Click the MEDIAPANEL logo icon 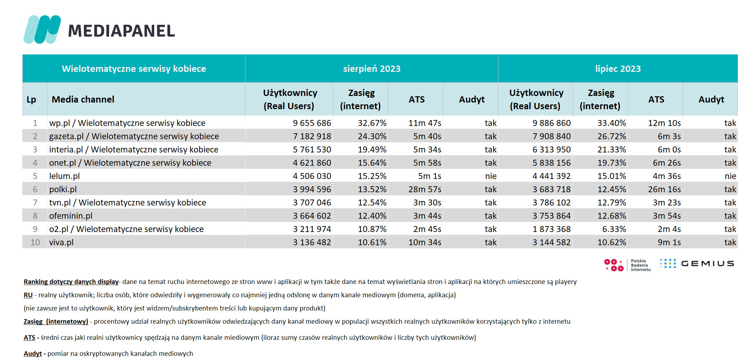tap(42, 30)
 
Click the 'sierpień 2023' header tap(372, 69)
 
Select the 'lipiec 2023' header tap(618, 69)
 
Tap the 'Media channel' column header tap(83, 99)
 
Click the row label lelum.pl tap(65, 176)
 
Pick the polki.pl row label tap(63, 189)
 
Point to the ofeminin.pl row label tap(71, 216)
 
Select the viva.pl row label tap(61, 242)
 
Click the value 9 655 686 tap(312, 123)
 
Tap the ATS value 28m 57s tap(425, 189)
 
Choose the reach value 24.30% tap(372, 136)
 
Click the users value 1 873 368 tap(551, 229)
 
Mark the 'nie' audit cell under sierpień tap(491, 176)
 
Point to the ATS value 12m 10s tap(664, 123)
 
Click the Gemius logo tap(697, 264)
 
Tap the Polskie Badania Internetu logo tap(627, 265)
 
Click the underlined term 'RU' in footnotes tap(28, 295)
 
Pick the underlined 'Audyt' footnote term tap(33, 354)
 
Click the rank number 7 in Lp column tap(35, 203)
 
